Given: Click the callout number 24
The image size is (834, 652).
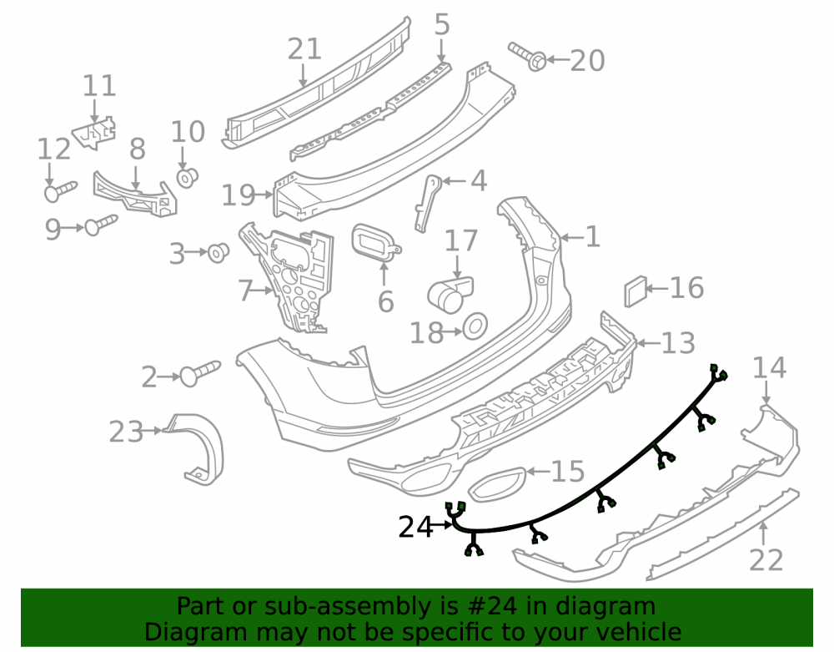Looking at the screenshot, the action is click(x=416, y=527).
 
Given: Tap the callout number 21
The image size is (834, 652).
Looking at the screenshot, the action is click(x=304, y=49).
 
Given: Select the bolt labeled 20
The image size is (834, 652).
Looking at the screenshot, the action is click(x=528, y=57).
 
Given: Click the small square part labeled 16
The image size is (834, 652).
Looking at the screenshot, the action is click(x=635, y=291).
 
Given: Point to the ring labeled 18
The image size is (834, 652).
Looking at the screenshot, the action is click(x=475, y=326).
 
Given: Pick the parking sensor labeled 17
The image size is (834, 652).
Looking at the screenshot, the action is click(x=450, y=294).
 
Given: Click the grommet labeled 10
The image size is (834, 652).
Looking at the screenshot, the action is click(x=187, y=178).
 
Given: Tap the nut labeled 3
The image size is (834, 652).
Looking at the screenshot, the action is click(x=218, y=253).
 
